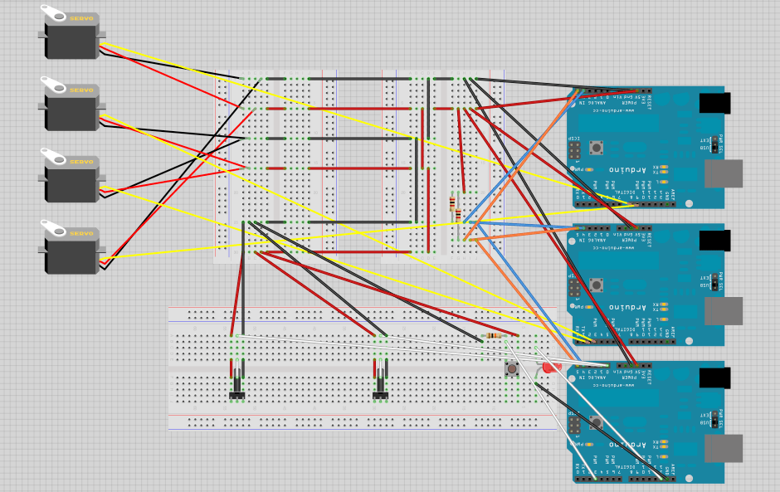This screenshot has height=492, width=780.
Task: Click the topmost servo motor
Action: click(x=72, y=37)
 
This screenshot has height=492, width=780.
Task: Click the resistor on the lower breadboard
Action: click(x=495, y=335)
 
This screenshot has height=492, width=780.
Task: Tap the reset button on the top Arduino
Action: click(x=597, y=148)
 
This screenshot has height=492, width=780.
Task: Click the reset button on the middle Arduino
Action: click(x=597, y=285)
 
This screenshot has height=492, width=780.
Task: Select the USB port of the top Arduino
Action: click(x=723, y=173)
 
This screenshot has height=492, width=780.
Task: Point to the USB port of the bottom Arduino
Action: click(x=723, y=448)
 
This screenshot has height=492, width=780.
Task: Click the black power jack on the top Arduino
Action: click(x=714, y=103)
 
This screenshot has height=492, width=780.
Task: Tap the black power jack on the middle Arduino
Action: click(x=714, y=241)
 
